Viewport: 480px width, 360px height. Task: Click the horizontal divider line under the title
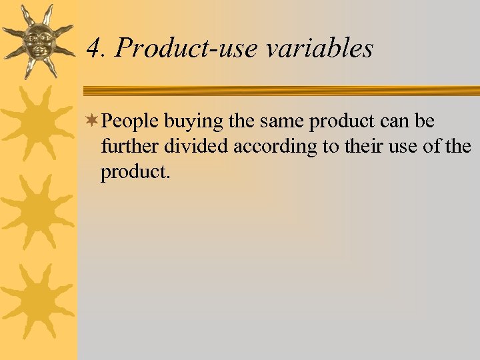280,90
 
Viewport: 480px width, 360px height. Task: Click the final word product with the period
136,172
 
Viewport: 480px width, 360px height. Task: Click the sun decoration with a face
37,42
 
